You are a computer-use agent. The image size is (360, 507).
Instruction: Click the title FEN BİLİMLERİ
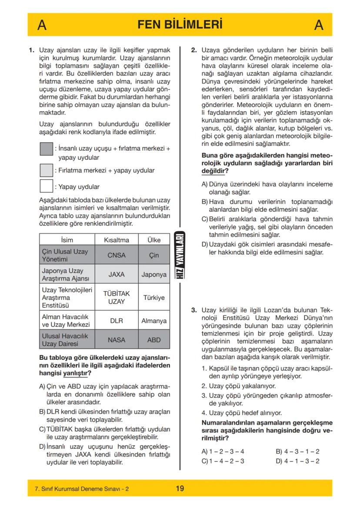click(x=180, y=24)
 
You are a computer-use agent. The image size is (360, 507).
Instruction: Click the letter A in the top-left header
click(x=42, y=25)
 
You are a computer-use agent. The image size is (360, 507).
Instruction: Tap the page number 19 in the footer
click(x=180, y=488)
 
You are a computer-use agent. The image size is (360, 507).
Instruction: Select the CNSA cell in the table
click(x=117, y=255)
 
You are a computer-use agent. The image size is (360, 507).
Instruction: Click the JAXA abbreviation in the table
click(x=117, y=275)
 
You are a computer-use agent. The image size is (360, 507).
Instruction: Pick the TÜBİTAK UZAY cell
click(x=117, y=298)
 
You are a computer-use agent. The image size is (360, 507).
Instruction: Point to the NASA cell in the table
click(x=117, y=340)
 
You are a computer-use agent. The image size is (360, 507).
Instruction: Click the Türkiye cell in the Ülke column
click(x=154, y=298)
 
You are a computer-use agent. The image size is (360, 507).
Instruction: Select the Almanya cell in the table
click(x=154, y=321)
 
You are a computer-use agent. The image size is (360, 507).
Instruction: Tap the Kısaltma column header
click(x=117, y=240)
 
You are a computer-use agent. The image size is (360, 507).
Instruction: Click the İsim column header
click(x=67, y=240)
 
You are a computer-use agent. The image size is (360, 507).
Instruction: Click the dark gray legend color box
click(x=46, y=149)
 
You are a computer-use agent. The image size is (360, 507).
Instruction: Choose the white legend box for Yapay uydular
click(x=46, y=186)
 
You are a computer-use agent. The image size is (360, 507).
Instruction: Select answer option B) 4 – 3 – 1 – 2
click(x=298, y=451)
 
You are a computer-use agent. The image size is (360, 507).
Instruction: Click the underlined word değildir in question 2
click(x=212, y=171)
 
